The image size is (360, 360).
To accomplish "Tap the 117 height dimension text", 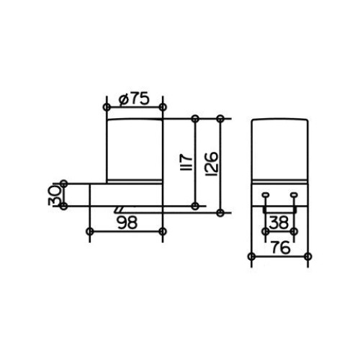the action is tap(186, 162).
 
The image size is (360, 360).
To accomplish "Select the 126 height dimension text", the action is tap(212, 163).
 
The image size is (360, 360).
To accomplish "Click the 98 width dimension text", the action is tap(127, 222).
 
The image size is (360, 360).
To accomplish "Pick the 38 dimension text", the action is tap(279, 222).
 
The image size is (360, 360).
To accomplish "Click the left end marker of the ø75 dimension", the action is tap(107, 107).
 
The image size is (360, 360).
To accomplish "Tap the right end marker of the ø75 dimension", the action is tap(163, 107).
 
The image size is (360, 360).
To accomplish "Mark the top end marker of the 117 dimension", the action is tap(195, 119).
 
